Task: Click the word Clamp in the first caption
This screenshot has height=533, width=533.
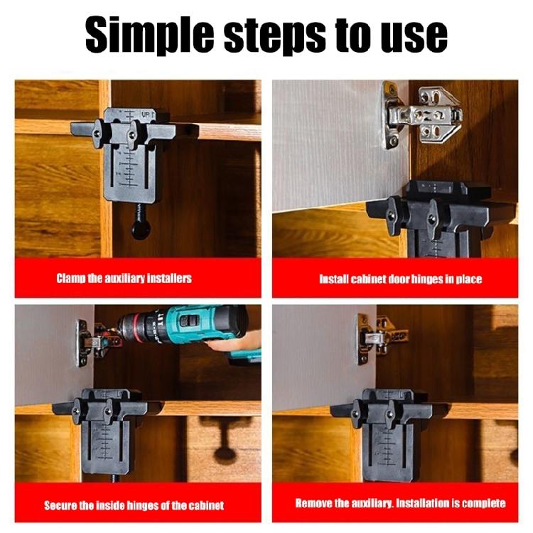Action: (x=70, y=279)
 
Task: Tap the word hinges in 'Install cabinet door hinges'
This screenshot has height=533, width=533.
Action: (x=427, y=279)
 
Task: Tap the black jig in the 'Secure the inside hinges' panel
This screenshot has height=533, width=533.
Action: (x=103, y=434)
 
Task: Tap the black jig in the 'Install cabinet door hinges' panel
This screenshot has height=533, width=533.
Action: (x=438, y=217)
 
